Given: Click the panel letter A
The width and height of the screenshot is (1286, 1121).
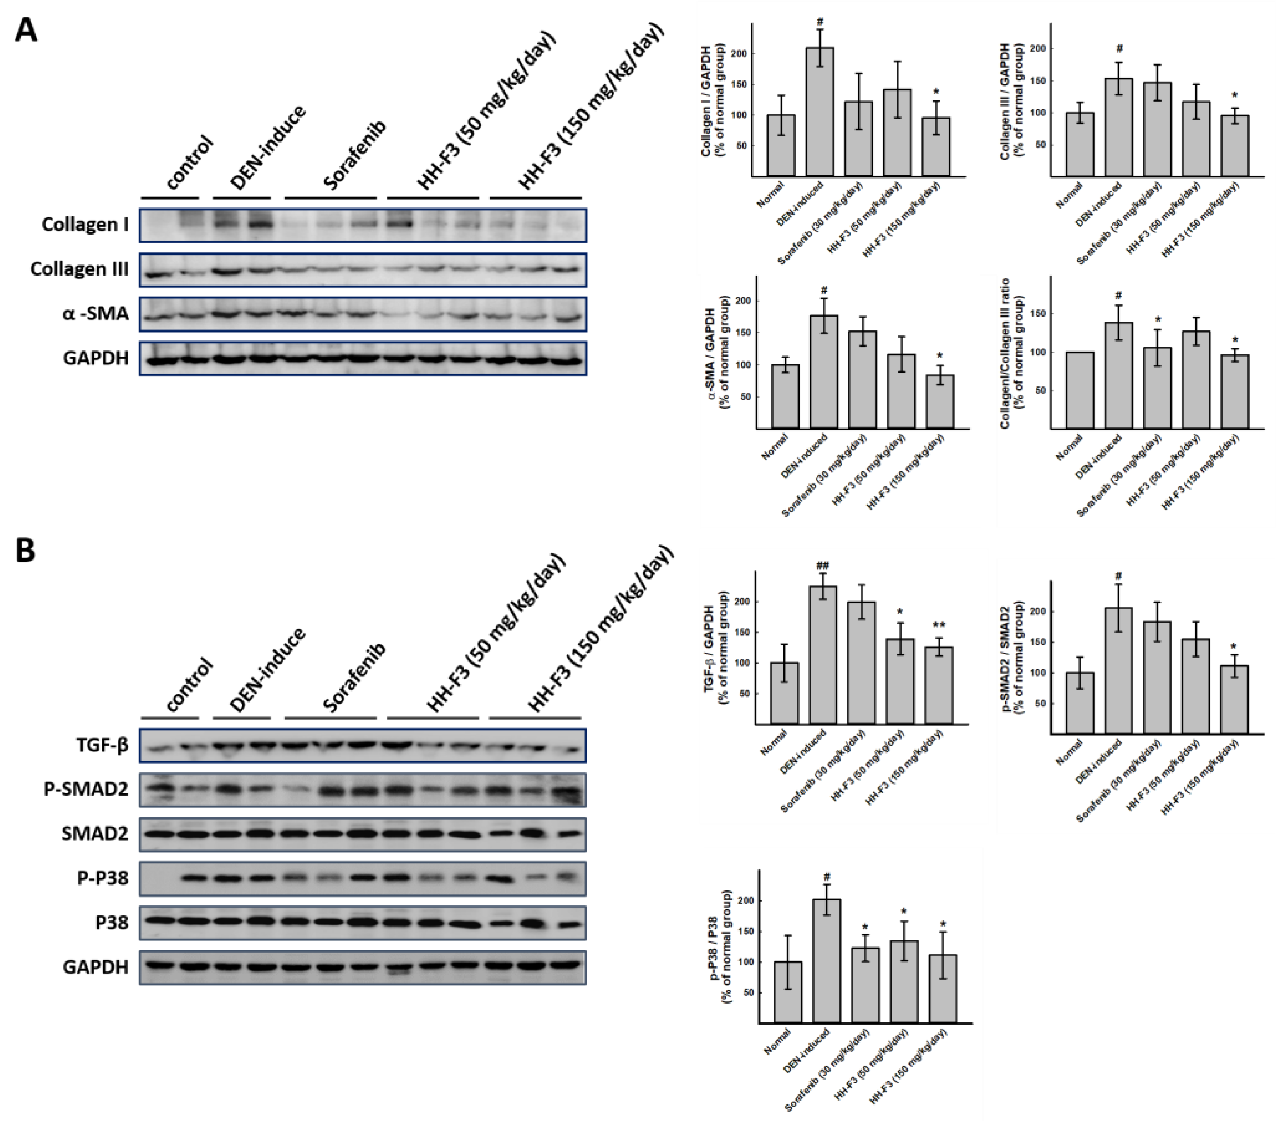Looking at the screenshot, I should click(x=26, y=29).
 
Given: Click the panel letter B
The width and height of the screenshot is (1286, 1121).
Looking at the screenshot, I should click(x=25, y=551).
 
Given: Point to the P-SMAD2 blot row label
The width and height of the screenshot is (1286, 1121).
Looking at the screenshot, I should click(x=86, y=789).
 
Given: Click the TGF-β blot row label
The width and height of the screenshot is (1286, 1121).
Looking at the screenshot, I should click(x=102, y=745).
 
